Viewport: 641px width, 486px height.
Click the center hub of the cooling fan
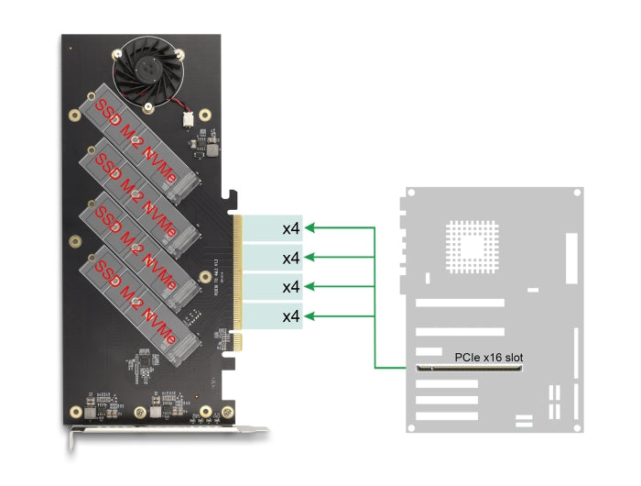coord(147,65)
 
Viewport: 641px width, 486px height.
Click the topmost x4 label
coord(290,227)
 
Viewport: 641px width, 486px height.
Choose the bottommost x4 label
coord(290,317)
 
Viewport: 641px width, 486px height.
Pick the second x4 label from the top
coord(290,258)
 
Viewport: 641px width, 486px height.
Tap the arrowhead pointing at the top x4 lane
coord(310,227)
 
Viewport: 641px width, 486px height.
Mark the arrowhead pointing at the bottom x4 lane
coord(310,317)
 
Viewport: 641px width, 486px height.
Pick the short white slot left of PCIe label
coord(427,353)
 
